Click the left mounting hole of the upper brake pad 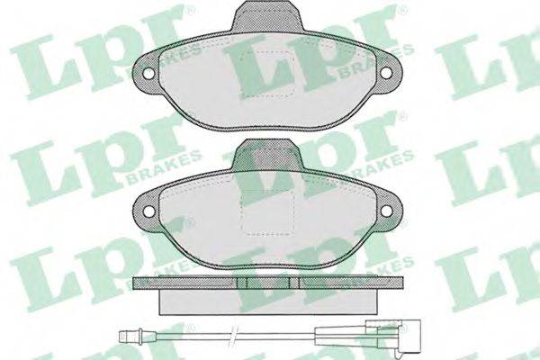coord(149,73)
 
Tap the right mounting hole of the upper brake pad coord(386,72)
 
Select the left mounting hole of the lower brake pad coord(149,211)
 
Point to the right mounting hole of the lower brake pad coord(386,210)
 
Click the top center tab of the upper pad coord(267,15)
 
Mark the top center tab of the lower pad coord(267,154)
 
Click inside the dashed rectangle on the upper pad coord(267,74)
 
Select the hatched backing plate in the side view coord(267,283)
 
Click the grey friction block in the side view coord(267,301)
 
